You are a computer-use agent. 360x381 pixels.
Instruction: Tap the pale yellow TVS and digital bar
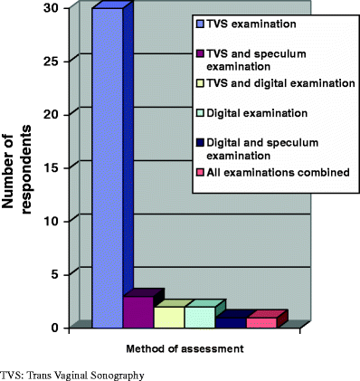[168, 317]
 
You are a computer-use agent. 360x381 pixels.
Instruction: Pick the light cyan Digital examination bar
[199, 317]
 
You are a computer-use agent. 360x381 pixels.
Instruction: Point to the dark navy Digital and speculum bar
[230, 320]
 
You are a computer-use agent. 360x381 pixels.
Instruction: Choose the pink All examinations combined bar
[261, 321]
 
